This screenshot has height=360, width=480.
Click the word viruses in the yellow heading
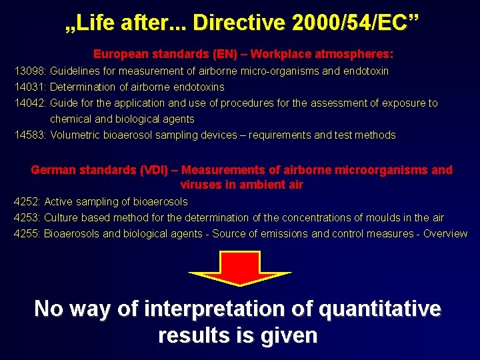pos(201,185)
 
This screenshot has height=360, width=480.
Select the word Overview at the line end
pos(445,233)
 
